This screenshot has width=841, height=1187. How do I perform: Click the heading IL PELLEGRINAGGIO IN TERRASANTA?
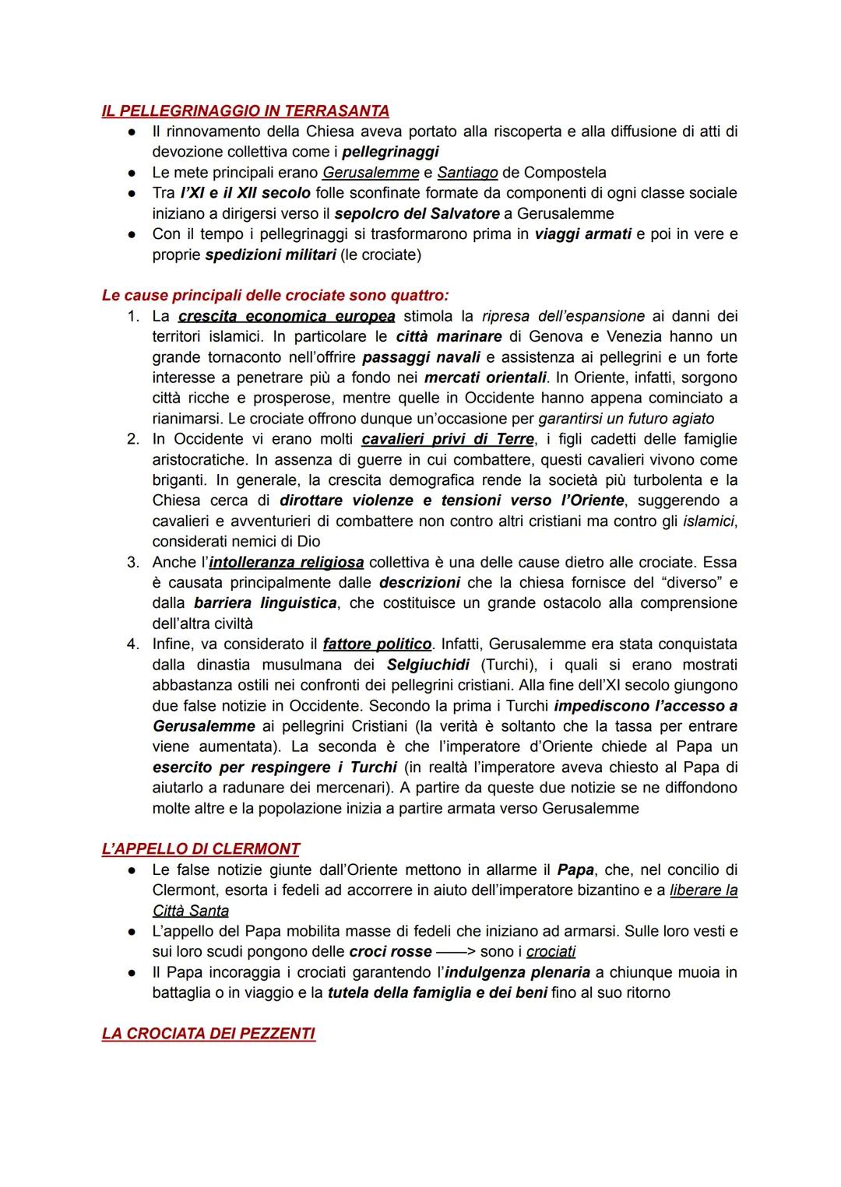point(245,111)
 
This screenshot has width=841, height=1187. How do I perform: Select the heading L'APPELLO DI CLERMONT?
point(201,848)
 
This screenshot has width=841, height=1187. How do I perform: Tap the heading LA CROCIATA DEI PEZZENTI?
point(209,1034)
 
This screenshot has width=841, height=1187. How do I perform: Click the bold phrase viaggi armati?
point(582,234)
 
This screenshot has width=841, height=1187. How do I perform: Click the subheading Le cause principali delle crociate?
point(276,296)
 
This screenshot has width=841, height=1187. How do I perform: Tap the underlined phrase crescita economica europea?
point(287,316)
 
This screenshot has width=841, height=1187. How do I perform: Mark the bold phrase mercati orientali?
point(485,378)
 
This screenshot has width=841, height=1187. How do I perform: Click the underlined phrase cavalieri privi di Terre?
point(448,439)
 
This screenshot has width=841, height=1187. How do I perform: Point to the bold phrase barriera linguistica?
point(265,602)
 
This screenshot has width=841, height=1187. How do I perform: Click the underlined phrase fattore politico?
point(377,644)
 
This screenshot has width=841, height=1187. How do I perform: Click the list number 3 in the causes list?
point(134,562)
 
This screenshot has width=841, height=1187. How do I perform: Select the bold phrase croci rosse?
point(390,951)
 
